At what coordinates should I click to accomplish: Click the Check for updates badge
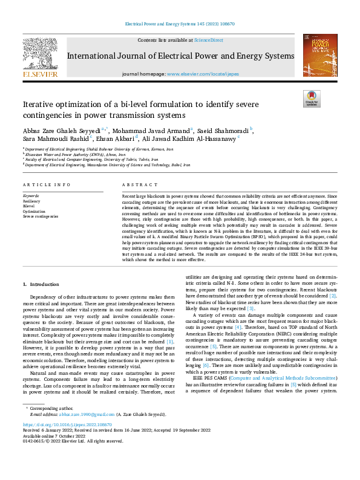[312, 99]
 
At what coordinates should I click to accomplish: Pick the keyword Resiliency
[32, 201]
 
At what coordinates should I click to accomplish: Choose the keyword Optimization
[34, 211]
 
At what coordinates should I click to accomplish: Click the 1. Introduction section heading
[42, 284]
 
